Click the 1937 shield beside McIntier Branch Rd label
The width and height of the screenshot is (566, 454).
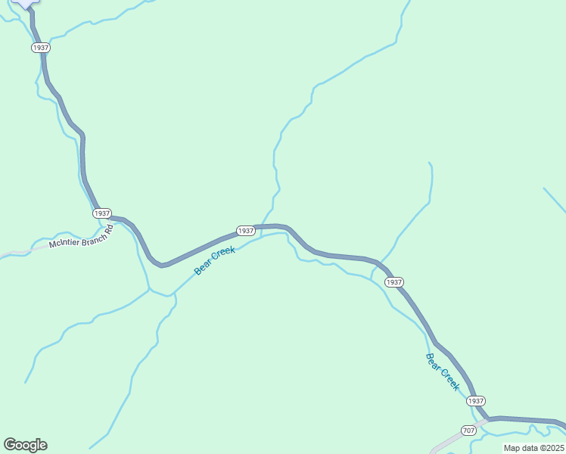pyautogui.click(x=102, y=213)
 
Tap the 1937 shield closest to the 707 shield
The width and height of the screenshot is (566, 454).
pyautogui.click(x=475, y=400)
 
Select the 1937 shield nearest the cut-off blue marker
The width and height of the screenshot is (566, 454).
pyautogui.click(x=41, y=48)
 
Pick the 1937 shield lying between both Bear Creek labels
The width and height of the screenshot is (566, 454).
pyautogui.click(x=393, y=282)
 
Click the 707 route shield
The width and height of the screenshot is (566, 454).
pyautogui.click(x=468, y=431)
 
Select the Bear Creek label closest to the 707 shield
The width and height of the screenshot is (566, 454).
pyautogui.click(x=443, y=372)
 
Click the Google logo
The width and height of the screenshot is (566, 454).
pyautogui.click(x=25, y=445)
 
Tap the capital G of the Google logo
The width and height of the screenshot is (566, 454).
pyautogui.click(x=10, y=444)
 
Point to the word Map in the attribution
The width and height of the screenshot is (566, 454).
pyautogui.click(x=512, y=448)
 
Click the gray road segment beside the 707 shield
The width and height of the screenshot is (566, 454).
pyautogui.click(x=448, y=441)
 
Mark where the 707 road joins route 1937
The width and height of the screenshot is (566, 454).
pyautogui.click(x=488, y=418)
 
